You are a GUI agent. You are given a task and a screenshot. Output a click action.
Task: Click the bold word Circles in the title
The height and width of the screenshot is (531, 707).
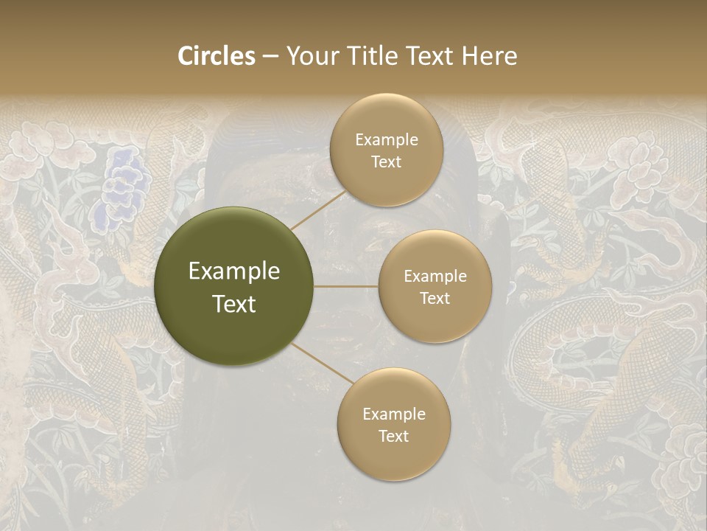click(217, 56)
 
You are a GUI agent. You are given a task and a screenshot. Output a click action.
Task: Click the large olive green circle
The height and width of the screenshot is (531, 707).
click(233, 286)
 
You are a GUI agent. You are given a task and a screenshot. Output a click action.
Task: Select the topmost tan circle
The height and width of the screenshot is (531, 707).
click(386, 150)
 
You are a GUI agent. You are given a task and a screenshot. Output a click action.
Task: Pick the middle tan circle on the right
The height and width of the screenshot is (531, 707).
click(435, 286)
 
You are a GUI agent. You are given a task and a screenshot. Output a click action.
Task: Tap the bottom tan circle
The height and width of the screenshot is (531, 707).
click(393, 424)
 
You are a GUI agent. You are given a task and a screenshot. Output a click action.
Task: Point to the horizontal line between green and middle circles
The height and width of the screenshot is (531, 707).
click(346, 286)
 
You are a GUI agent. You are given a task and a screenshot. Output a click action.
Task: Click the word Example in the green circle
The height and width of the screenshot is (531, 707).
click(234, 271)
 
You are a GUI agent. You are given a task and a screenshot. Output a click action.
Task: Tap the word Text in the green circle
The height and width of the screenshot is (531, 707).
click(234, 303)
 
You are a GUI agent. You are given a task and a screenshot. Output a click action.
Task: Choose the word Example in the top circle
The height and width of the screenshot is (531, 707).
click(387, 139)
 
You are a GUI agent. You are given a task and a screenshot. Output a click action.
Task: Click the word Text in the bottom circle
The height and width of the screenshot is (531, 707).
click(393, 436)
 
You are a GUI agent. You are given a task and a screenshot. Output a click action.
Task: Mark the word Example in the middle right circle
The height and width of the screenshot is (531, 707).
click(435, 276)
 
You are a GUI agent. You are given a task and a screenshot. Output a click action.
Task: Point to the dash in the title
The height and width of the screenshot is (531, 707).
click(270, 56)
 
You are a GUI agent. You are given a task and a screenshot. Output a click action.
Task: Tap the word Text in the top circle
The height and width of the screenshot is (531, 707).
click(386, 162)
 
